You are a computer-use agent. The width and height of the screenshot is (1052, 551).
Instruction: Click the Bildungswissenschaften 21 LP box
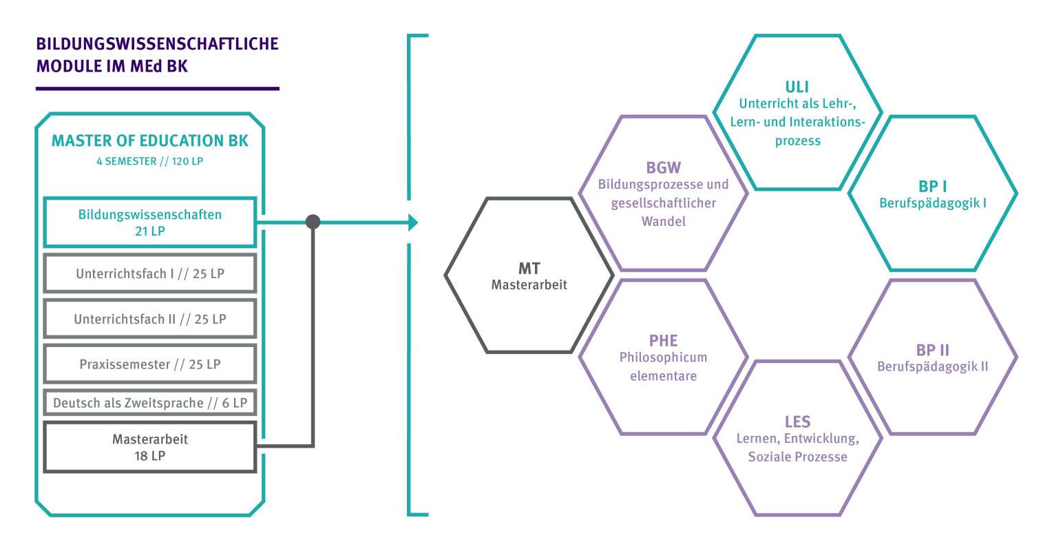pyautogui.click(x=150, y=222)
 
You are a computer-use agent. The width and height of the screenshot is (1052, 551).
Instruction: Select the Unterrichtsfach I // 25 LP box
pyautogui.click(x=150, y=273)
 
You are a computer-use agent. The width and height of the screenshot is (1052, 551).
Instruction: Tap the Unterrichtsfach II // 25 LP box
pyautogui.click(x=150, y=319)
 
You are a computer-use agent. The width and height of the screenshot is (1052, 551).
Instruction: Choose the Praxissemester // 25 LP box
pyautogui.click(x=150, y=364)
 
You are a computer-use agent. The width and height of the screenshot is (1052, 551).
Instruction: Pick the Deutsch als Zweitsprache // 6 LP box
pyautogui.click(x=150, y=403)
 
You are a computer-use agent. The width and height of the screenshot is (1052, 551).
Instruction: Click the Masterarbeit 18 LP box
pyautogui.click(x=150, y=447)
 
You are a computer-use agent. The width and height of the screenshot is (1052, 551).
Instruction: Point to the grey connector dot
pyautogui.click(x=313, y=222)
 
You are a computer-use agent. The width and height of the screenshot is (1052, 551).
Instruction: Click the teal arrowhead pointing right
pyautogui.click(x=412, y=222)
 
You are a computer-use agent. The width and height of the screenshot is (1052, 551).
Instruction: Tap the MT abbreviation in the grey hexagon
pyautogui.click(x=529, y=268)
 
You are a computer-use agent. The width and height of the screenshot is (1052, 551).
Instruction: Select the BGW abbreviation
pyautogui.click(x=663, y=167)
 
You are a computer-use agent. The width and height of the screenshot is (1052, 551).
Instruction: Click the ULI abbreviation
pyautogui.click(x=797, y=87)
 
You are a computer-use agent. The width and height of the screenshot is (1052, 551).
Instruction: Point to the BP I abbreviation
pyautogui.click(x=932, y=187)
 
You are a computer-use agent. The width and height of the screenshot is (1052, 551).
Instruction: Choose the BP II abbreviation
pyautogui.click(x=932, y=350)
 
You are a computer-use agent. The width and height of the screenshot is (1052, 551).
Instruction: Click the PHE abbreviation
pyautogui.click(x=663, y=340)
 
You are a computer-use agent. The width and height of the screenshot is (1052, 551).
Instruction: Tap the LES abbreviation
pyautogui.click(x=797, y=422)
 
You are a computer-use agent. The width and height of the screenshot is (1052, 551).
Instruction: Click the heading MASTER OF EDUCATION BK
pyautogui.click(x=150, y=141)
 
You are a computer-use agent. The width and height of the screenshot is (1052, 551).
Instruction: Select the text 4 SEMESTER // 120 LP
pyautogui.click(x=150, y=162)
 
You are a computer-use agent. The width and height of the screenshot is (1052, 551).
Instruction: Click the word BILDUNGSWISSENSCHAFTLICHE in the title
pyautogui.click(x=157, y=43)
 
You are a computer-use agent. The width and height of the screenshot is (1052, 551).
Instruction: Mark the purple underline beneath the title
pyautogui.click(x=157, y=88)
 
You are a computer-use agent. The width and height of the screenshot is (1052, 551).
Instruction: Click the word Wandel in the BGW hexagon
pyautogui.click(x=663, y=222)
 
